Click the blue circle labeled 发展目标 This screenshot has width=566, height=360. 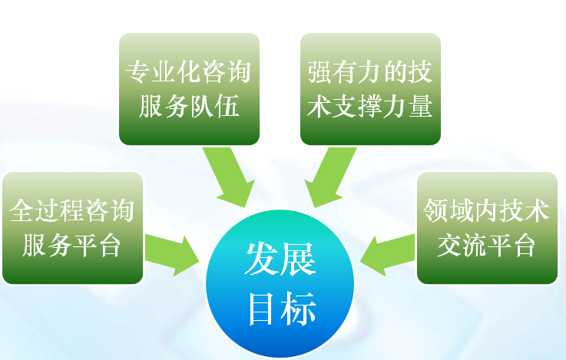(280, 284)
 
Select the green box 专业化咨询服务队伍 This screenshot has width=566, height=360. (189, 89)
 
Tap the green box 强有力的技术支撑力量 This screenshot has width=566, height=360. (370, 89)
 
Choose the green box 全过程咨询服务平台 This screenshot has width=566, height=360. (72, 228)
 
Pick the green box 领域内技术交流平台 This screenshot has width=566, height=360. (488, 228)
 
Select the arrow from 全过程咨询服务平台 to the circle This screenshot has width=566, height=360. (172, 255)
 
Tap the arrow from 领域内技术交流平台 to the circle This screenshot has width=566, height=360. (388, 255)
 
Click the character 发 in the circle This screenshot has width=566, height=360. (262, 259)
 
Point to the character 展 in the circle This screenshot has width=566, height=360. (299, 259)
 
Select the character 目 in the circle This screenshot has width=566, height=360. (260, 309)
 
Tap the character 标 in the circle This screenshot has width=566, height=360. (299, 309)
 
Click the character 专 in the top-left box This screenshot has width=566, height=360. (138, 72)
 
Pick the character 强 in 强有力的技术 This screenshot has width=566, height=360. (319, 72)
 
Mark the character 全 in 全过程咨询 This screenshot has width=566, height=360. (22, 210)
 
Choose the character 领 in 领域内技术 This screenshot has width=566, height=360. (435, 210)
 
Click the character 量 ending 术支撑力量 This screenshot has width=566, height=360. (421, 106)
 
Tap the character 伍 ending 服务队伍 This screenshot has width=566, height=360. (227, 106)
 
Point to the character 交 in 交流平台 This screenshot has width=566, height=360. (449, 246)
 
